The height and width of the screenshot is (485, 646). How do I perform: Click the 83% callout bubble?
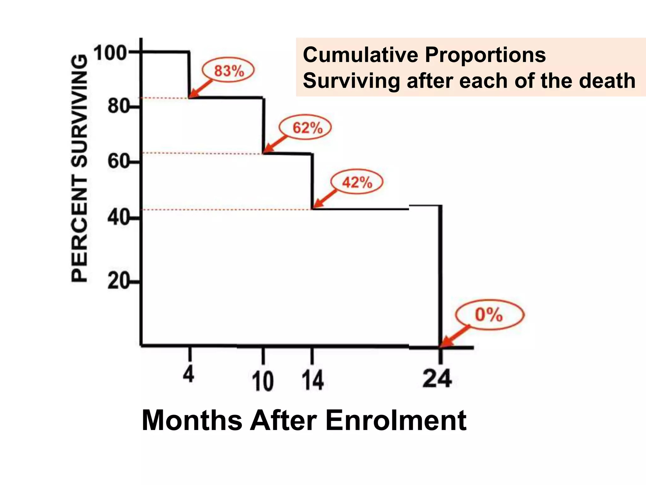pyautogui.click(x=228, y=70)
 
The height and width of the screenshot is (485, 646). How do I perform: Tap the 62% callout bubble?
pyautogui.click(x=305, y=128)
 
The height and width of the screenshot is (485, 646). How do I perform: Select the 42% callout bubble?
pyautogui.click(x=357, y=182)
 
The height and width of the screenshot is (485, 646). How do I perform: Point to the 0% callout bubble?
pyautogui.click(x=489, y=315)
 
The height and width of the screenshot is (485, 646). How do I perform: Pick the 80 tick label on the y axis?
pyautogui.click(x=118, y=106)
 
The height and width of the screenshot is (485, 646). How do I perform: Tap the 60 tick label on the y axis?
pyautogui.click(x=118, y=162)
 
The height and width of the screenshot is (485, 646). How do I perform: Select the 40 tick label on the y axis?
pyautogui.click(x=118, y=218)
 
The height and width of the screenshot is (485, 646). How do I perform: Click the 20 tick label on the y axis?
pyautogui.click(x=118, y=281)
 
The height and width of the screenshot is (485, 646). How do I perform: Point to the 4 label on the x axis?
pyautogui.click(x=189, y=375)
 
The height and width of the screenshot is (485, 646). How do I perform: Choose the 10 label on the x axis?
pyautogui.click(x=262, y=381)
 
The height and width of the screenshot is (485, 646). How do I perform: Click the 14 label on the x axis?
pyautogui.click(x=312, y=380)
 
